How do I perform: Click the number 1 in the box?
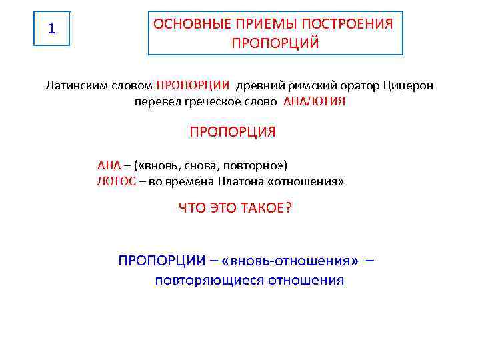pyautogui.click(x=52, y=29)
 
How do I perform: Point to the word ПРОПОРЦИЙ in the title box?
pyautogui.click(x=275, y=43)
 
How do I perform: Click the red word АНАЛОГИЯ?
pyautogui.click(x=315, y=102)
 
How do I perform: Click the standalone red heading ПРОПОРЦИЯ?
pyautogui.click(x=233, y=132)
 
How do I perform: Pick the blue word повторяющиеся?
pyautogui.click(x=209, y=280)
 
